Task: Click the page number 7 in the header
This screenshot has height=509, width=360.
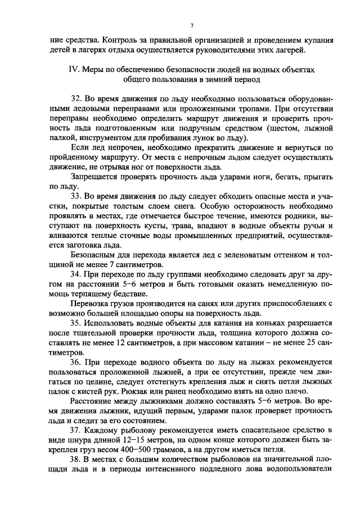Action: (191, 26)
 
